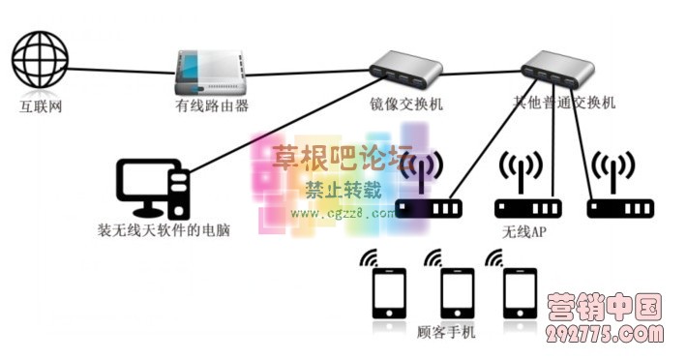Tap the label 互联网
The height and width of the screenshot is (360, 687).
click(42, 105)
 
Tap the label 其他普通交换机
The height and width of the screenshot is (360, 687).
click(564, 103)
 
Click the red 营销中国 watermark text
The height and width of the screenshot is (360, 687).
click(605, 309)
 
